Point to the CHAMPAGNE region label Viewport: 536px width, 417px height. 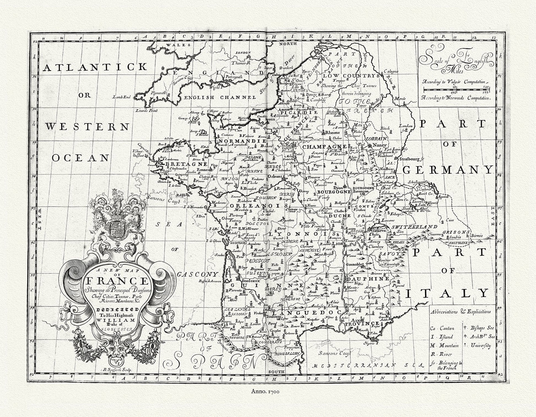point(324,147)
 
